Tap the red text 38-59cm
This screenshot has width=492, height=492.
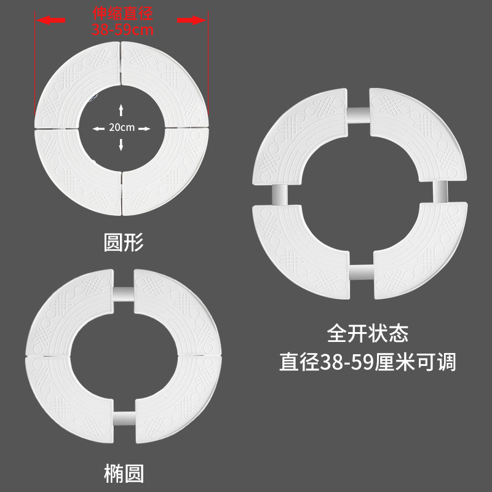coord(122,28)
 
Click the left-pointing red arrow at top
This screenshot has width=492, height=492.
coord(51,20)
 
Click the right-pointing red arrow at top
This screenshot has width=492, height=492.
coord(192,20)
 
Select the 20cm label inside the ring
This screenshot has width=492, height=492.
coord(122,128)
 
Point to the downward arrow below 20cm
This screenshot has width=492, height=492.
coord(122,145)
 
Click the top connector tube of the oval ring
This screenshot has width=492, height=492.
coord(124,293)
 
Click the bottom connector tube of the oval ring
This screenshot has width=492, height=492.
coord(124,418)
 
